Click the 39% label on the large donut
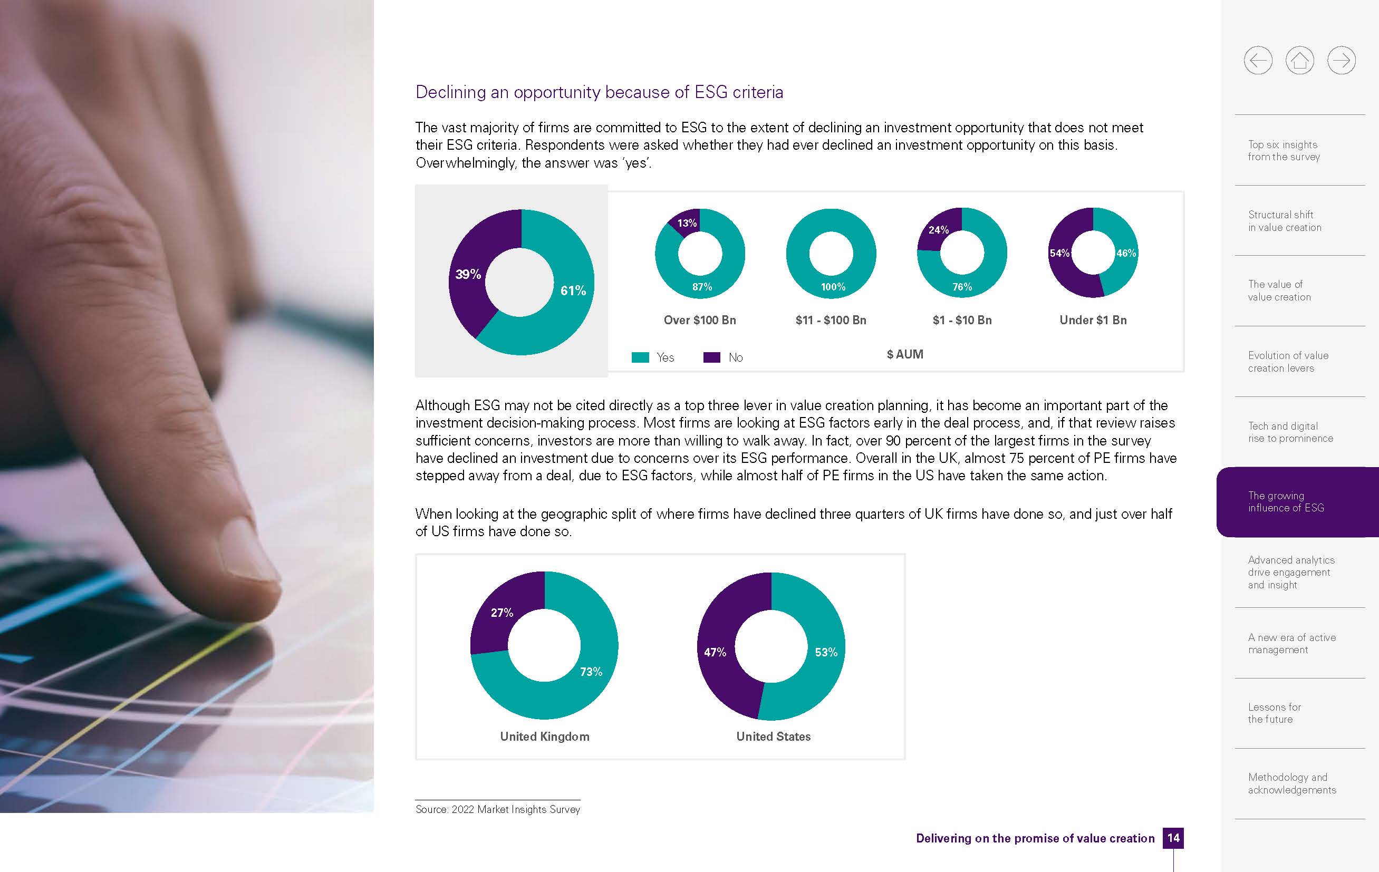[x=468, y=274]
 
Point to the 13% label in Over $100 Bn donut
[x=687, y=222]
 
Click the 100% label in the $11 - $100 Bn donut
[x=833, y=287]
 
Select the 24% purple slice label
[x=938, y=229]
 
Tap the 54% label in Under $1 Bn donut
[x=1059, y=253]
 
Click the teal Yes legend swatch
[x=640, y=357]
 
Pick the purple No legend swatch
[x=711, y=357]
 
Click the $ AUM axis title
[x=905, y=354]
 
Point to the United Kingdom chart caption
[x=544, y=737]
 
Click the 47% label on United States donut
[x=715, y=652]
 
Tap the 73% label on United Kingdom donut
[x=591, y=672]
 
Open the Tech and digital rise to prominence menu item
[x=1290, y=432]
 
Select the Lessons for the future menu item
[x=1274, y=713]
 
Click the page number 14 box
[x=1173, y=838]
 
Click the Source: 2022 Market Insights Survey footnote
[x=498, y=809]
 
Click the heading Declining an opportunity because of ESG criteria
[x=599, y=92]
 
